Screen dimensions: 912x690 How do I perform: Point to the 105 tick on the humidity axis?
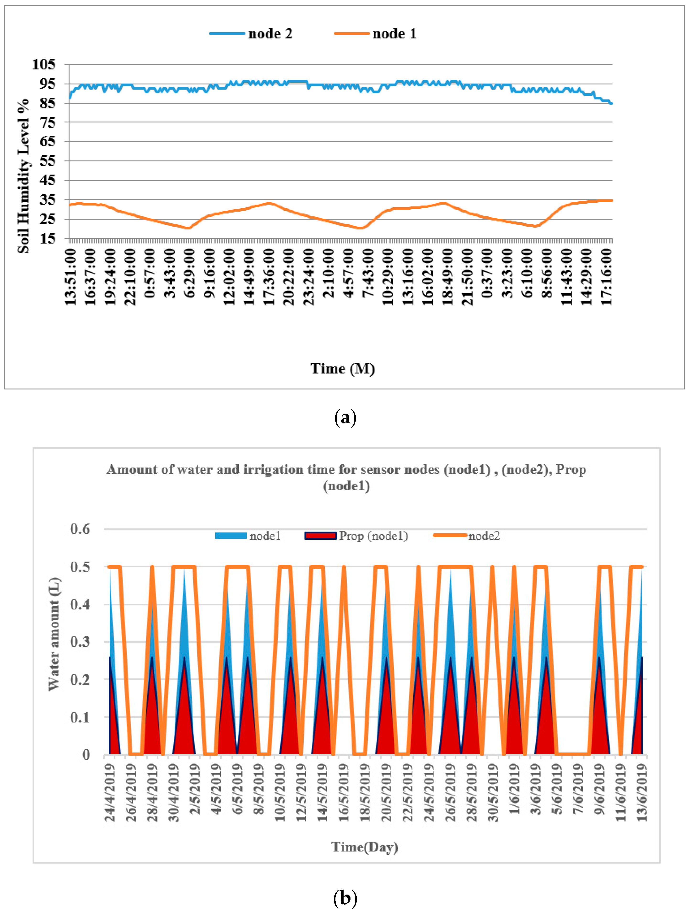44,64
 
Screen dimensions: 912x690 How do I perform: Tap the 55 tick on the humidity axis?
48,160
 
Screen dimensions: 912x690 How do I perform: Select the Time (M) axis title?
342,368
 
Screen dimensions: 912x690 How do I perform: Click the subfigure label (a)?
345,418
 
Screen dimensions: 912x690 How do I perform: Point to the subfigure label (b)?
345,898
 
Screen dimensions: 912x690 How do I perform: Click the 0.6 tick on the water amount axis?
80,529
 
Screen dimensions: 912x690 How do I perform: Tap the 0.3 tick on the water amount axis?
80,642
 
